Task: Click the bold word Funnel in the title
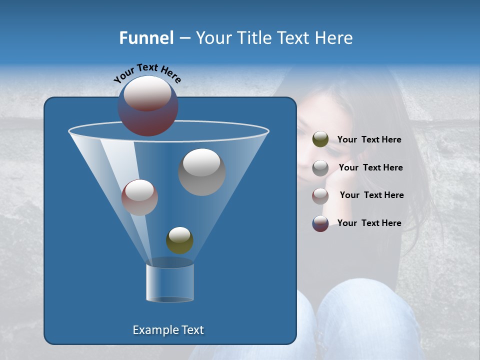(146, 38)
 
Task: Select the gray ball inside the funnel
(201, 172)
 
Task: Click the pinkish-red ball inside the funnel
(139, 197)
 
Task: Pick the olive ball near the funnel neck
(179, 240)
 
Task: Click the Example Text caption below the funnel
(168, 330)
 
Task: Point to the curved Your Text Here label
(147, 72)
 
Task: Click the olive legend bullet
(320, 139)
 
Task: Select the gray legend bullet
(320, 168)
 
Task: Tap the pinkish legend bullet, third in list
(320, 196)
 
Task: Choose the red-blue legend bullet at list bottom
(320, 223)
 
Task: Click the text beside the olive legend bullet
(369, 140)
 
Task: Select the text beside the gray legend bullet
(370, 168)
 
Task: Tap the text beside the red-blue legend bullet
(369, 223)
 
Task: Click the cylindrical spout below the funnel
(169, 283)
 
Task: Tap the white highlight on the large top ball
(147, 93)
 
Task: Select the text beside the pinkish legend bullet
(371, 195)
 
